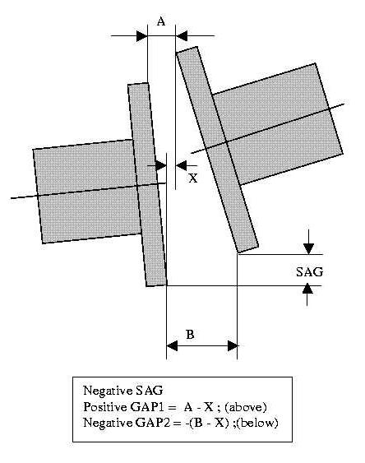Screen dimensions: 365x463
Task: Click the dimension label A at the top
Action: pyautogui.click(x=161, y=21)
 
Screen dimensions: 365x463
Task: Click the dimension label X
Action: pyautogui.click(x=193, y=178)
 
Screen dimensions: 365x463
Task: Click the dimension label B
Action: pyautogui.click(x=190, y=335)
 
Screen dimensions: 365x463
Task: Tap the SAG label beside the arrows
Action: pyautogui.click(x=310, y=271)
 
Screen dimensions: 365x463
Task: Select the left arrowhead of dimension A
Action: pyautogui.click(x=142, y=36)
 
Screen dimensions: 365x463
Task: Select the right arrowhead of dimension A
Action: pyautogui.click(x=181, y=36)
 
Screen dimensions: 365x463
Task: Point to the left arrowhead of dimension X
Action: pyautogui.click(x=161, y=165)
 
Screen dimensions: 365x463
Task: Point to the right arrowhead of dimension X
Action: pyautogui.click(x=181, y=165)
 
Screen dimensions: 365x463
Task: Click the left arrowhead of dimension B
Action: pyautogui.click(x=172, y=345)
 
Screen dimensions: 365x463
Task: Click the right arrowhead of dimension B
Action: pyautogui.click(x=232, y=345)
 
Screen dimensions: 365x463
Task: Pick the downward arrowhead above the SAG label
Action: pyautogui.click(x=308, y=248)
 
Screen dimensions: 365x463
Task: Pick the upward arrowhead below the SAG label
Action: pyautogui.click(x=307, y=289)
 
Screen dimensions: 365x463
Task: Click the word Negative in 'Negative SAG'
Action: pyautogui.click(x=108, y=391)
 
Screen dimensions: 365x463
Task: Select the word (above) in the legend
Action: pyautogui.click(x=246, y=407)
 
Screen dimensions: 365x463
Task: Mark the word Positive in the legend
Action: pyautogui.click(x=105, y=407)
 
